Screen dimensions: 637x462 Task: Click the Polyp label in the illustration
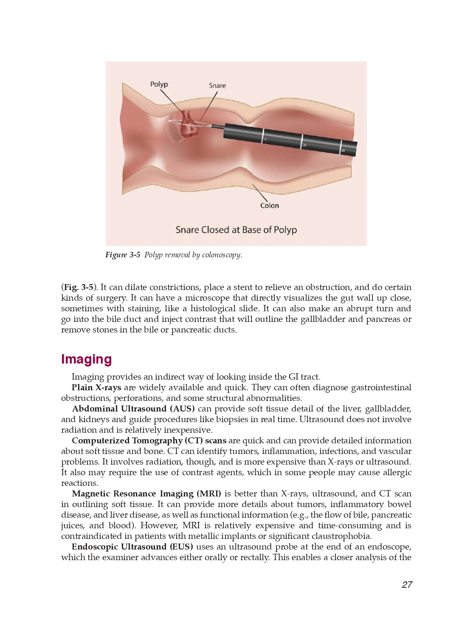pos(159,84)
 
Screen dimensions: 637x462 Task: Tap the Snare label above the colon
pos(217,85)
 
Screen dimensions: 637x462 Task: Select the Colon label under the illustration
pos(269,206)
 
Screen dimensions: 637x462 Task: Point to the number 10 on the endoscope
pos(265,139)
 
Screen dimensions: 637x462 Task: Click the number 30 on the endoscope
pos(343,151)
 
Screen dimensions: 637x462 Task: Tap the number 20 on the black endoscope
pos(304,145)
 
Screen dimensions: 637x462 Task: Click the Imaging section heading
pos(86,359)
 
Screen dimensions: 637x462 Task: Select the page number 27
pos(407,585)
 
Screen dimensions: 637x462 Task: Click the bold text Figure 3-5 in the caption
pos(122,255)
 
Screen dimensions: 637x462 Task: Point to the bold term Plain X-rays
pos(96,387)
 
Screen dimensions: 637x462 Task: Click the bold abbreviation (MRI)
pos(208,493)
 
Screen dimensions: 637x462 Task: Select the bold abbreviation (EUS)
pos(181,547)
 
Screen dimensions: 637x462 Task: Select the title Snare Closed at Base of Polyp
pos(236,230)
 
